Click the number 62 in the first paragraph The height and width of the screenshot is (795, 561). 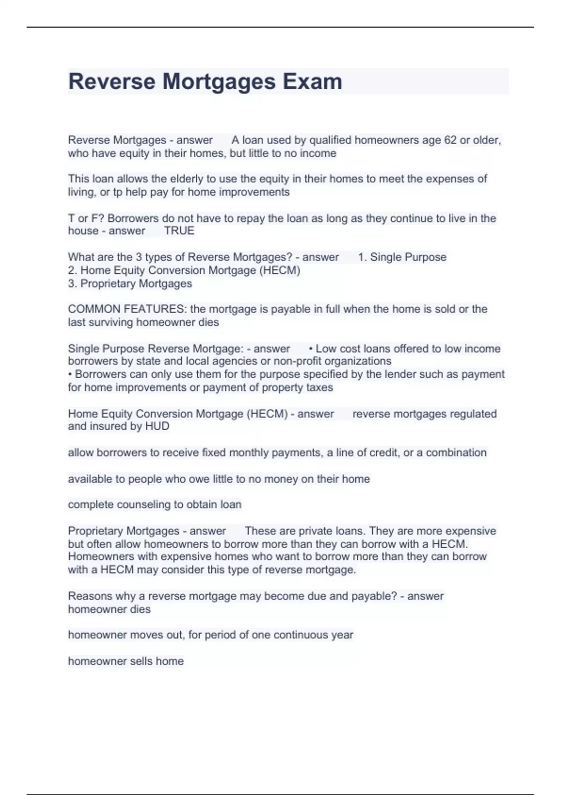click(450, 140)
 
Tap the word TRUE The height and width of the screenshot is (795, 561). click(179, 231)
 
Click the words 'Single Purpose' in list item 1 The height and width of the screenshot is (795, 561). click(408, 257)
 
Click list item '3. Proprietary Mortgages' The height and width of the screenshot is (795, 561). click(130, 283)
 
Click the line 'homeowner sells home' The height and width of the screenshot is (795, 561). click(126, 661)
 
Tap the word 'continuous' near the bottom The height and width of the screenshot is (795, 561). click(301, 635)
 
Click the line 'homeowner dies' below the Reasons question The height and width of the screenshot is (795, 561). click(109, 609)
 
